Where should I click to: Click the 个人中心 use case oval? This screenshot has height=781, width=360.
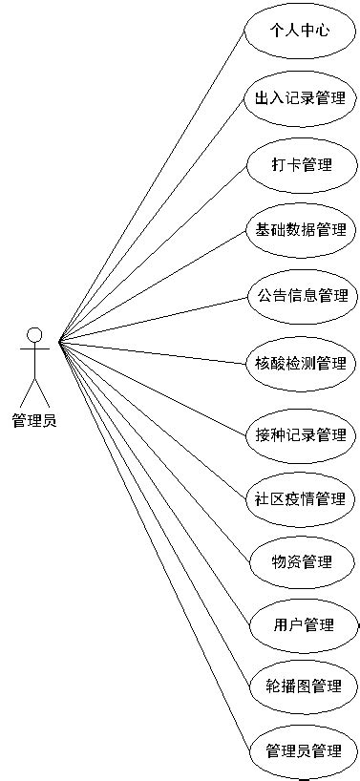tap(301, 31)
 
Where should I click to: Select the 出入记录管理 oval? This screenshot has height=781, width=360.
tap(301, 97)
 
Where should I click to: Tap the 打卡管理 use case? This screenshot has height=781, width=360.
tap(301, 164)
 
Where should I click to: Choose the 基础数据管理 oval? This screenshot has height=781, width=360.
tap(301, 230)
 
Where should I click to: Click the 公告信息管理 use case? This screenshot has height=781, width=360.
tap(301, 296)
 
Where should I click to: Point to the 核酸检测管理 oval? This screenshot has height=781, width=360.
tap(301, 363)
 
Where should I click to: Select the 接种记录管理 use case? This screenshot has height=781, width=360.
tap(301, 434)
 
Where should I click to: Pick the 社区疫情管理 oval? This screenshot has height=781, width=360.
tap(301, 499)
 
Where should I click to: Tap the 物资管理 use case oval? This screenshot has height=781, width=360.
tap(301, 561)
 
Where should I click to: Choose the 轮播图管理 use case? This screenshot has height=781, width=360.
tap(301, 686)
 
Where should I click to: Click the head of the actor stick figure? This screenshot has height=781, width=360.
tap(34, 334)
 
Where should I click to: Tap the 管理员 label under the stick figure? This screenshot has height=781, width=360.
tap(34, 420)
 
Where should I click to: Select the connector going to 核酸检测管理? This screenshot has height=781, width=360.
tap(153, 350)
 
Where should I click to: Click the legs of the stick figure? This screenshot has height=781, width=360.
tap(34, 391)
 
